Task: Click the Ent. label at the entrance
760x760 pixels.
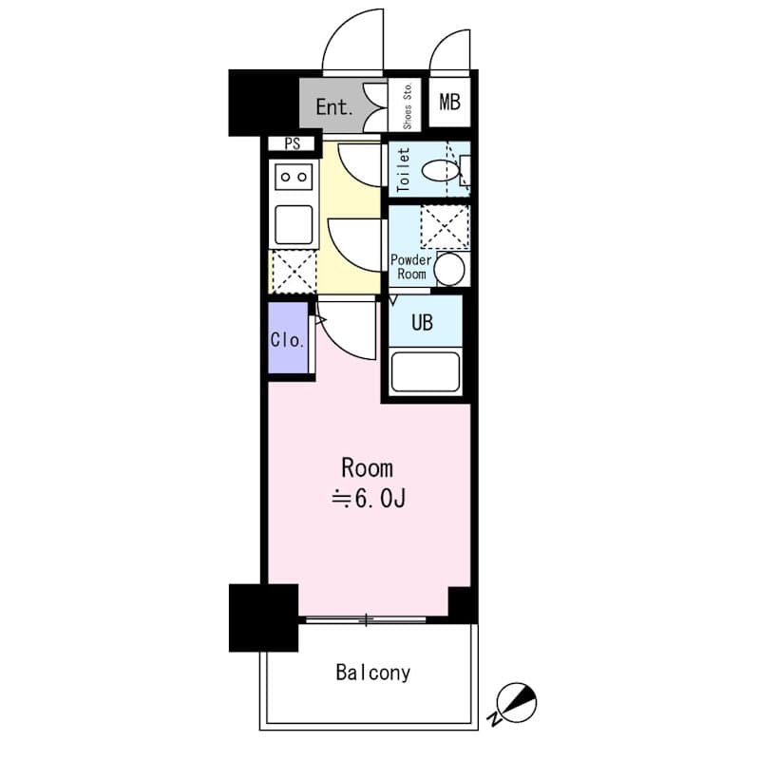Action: point(334,105)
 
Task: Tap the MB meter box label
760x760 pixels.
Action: point(449,102)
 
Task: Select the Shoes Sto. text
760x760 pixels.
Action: point(408,104)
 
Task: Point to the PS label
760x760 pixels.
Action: point(291,144)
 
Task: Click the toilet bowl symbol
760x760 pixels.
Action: point(440,171)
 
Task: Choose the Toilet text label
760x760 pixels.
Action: point(402,169)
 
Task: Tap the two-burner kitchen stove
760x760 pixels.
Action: point(294,176)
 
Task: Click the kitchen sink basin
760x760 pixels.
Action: point(294,225)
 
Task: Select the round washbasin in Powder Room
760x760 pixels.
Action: point(450,270)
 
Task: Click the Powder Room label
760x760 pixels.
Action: point(410,267)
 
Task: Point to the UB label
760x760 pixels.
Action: point(422,322)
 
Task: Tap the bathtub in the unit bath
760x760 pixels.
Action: point(426,371)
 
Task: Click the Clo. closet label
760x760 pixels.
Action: point(287,339)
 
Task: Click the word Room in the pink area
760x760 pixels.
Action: point(367,467)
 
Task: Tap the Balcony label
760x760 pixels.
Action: point(372,673)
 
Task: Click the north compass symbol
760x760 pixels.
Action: point(519,704)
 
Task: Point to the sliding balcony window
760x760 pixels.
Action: point(366,620)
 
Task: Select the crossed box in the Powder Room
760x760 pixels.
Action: point(444,226)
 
